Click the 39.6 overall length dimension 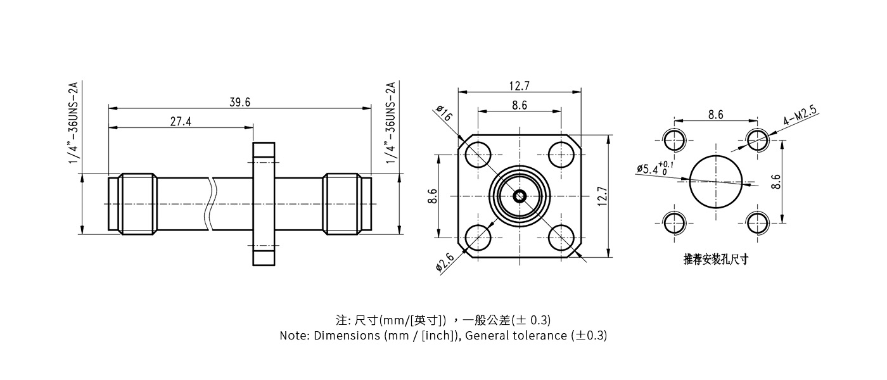[x=240, y=102]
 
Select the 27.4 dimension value [x=181, y=122]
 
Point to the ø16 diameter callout [x=444, y=114]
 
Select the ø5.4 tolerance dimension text [x=655, y=168]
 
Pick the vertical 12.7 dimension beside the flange [x=603, y=196]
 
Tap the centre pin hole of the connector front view [x=520, y=196]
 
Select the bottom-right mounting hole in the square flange [x=561, y=238]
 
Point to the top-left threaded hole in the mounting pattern [x=674, y=139]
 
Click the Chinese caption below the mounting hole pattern [x=715, y=259]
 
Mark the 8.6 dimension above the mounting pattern [x=715, y=115]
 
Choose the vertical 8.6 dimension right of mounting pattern [x=776, y=181]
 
